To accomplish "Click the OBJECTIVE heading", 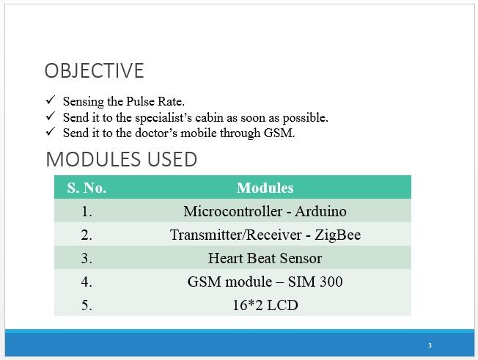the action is click(94, 70).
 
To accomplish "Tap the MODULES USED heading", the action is click(121, 159).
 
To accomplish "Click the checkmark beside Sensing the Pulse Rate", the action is click(51, 100).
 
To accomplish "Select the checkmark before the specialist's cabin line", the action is click(51, 116).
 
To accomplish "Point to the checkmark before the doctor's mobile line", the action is click(51, 132).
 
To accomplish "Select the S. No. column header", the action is click(87, 188).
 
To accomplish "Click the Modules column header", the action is click(265, 188).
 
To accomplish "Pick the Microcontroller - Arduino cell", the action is click(265, 211).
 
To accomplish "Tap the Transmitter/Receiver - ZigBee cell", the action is click(265, 235).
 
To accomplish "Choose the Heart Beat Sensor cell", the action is click(265, 258).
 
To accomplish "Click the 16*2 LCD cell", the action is click(265, 305).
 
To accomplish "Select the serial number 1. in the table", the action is click(87, 211).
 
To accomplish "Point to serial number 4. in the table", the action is click(87, 282).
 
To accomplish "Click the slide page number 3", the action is click(430, 345).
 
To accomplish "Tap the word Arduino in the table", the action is click(320, 211).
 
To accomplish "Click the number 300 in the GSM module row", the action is click(331, 282).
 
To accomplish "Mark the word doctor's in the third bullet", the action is click(156, 133).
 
